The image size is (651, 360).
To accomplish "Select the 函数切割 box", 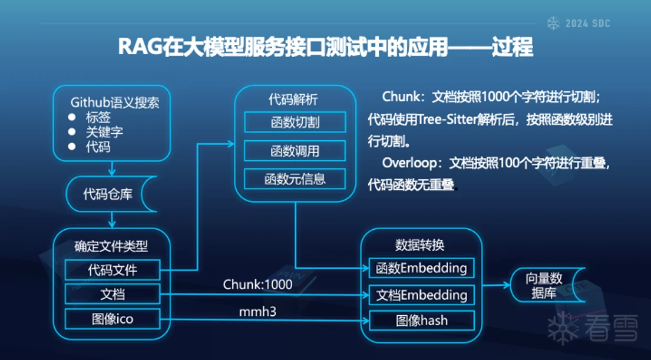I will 295,123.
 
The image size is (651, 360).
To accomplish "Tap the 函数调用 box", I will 295,151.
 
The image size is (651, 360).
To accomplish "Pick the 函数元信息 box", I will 295,179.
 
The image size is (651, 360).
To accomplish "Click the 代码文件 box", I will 113,270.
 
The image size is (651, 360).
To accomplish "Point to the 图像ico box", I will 113,319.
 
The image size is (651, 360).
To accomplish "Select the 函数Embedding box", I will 421,269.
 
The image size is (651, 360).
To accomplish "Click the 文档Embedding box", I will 421,295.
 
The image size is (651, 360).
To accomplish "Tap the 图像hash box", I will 421,321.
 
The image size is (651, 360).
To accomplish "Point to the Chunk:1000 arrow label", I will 257,285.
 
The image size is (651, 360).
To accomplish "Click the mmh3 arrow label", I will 257,311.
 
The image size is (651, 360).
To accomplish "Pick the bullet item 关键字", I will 104,133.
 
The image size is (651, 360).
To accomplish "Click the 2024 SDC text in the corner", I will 587,24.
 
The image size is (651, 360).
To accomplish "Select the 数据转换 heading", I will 419,245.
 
